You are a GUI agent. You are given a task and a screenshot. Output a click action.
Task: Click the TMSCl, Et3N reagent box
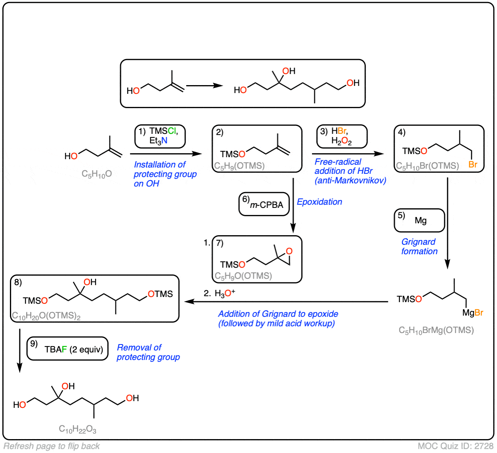[x=160, y=136]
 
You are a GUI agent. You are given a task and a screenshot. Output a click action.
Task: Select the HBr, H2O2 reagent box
[x=342, y=136]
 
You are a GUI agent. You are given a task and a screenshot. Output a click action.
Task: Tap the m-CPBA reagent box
[x=264, y=204]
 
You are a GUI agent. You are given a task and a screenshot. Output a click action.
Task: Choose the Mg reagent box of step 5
[x=419, y=220]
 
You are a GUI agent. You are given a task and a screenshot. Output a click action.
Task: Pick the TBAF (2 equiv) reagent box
[x=67, y=349]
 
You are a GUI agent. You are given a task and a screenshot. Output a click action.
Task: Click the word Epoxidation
[x=319, y=202]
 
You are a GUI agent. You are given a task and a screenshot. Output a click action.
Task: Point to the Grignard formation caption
[x=419, y=246]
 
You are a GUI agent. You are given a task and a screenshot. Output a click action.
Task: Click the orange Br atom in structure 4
[x=473, y=165]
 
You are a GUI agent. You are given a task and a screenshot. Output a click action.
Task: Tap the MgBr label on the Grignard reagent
[x=472, y=313]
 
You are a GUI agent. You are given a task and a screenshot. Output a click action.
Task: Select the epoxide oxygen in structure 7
[x=289, y=251]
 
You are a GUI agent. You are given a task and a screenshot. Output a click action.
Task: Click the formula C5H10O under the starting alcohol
[x=97, y=174]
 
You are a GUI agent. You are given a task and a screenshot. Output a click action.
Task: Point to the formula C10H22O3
[x=78, y=429]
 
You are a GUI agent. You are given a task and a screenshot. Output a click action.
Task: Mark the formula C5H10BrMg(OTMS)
[x=436, y=330]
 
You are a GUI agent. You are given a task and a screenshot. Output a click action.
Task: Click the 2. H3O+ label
[x=220, y=293]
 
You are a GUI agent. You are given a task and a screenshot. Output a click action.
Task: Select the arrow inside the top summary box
[x=205, y=85]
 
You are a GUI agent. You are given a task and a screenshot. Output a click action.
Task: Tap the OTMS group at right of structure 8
[x=160, y=294]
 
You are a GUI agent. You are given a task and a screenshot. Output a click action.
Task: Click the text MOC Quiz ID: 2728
[x=455, y=446]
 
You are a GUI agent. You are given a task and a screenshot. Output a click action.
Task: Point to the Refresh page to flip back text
[x=52, y=446]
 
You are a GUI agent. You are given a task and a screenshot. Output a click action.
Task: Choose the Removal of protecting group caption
[x=148, y=352]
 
